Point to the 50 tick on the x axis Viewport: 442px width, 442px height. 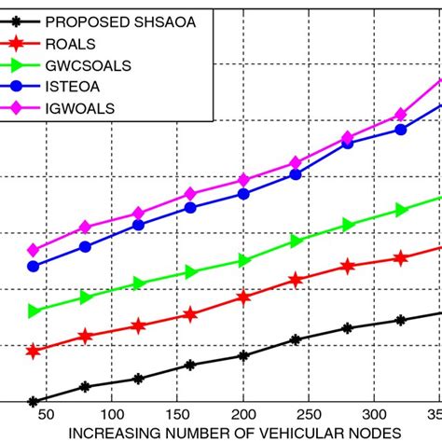click(46, 413)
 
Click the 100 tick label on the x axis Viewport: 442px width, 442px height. click(111, 413)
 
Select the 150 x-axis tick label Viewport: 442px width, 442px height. click(177, 413)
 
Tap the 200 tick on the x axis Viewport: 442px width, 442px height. click(242, 413)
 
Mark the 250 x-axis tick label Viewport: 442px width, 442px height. click(308, 413)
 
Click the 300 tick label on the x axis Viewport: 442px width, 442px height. click(373, 413)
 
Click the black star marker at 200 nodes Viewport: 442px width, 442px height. click(243, 355)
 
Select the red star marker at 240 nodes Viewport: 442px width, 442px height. click(296, 279)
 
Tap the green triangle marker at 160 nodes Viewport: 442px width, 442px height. click(190, 272)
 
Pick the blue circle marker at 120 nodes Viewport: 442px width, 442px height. click(138, 225)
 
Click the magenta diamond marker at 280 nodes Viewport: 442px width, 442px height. click(348, 138)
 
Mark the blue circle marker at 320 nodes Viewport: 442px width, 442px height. click(400, 130)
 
